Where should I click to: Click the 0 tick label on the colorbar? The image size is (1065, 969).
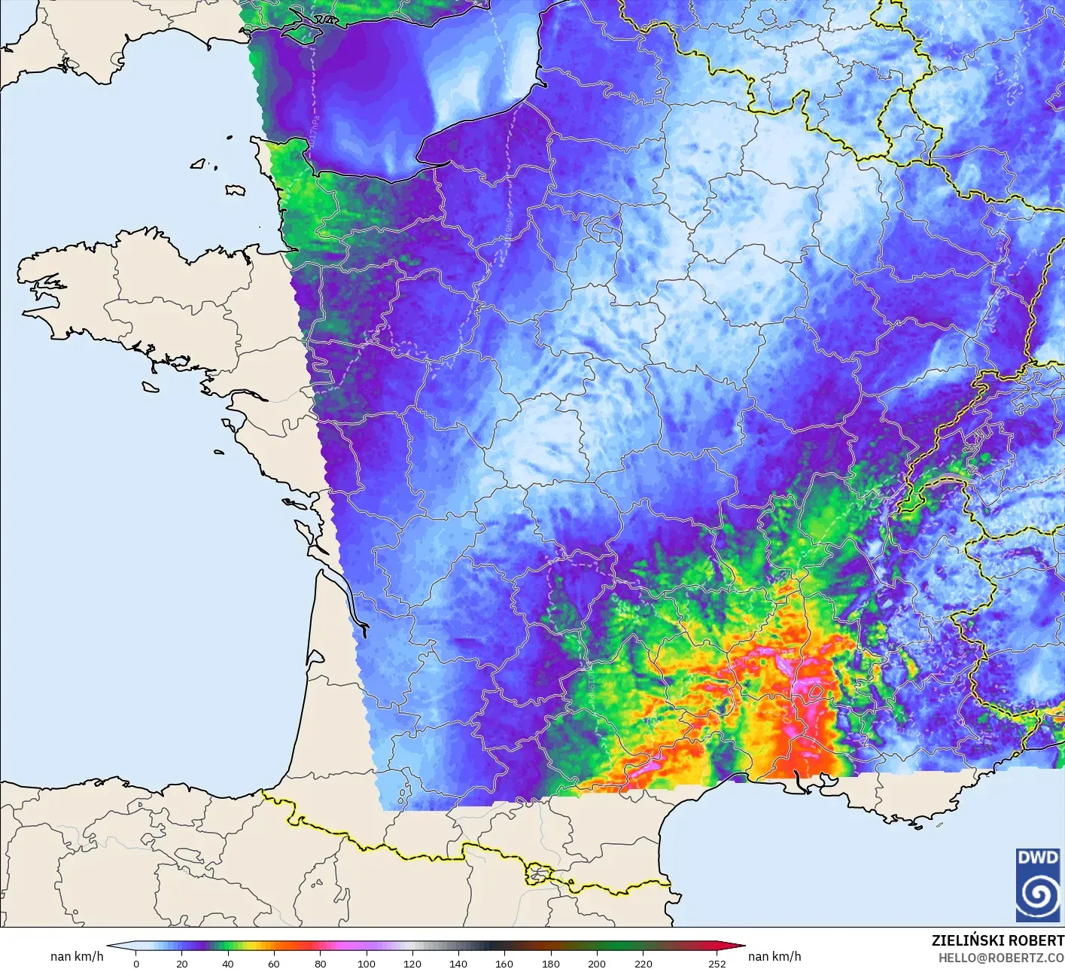(135, 963)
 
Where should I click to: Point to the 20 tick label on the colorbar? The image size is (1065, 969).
(181, 963)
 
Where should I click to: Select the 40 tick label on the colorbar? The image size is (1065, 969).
(227, 963)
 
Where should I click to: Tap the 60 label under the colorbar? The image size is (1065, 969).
(274, 963)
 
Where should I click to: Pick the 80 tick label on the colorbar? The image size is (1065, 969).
(320, 963)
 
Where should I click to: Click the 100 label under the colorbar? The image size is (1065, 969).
(366, 963)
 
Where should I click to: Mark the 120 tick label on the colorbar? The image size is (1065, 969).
(412, 963)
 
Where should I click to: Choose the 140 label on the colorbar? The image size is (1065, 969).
(458, 963)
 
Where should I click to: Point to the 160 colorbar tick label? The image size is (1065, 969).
(504, 963)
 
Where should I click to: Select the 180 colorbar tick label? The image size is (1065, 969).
(550, 963)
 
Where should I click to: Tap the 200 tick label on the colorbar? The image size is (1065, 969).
(596, 963)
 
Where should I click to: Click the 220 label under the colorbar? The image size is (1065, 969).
(643, 963)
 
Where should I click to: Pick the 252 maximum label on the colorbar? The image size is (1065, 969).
(717, 963)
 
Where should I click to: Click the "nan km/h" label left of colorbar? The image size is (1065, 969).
(77, 956)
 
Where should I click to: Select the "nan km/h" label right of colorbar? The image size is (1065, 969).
(774, 956)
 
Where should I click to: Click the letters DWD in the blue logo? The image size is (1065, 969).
(1037, 858)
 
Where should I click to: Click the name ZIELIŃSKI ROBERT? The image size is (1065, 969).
(997, 940)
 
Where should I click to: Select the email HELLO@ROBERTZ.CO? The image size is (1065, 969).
(1001, 957)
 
